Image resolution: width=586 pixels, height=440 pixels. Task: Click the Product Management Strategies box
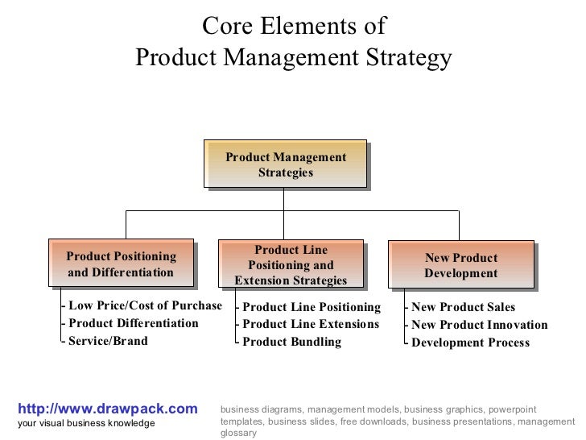(x=286, y=165)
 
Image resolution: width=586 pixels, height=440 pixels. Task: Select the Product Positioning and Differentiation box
(x=121, y=264)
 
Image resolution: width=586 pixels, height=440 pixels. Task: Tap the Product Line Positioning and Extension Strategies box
(x=291, y=264)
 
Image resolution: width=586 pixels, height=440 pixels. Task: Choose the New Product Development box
(x=461, y=264)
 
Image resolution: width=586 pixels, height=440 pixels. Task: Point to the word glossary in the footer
(x=238, y=433)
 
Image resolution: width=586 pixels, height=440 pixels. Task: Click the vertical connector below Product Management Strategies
(x=284, y=200)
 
